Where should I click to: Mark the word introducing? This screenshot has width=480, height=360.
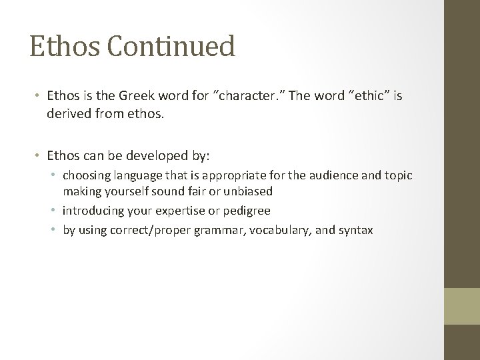pos(94,211)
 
